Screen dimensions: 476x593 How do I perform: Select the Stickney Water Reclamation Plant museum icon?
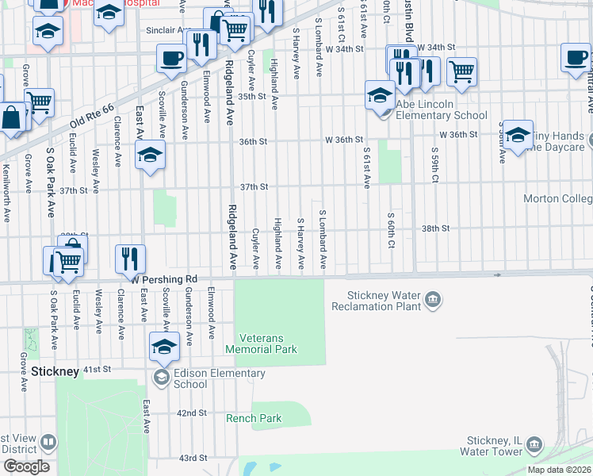pos(433,299)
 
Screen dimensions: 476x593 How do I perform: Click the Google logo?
pos(25,466)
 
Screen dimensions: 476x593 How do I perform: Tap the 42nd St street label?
pos(192,413)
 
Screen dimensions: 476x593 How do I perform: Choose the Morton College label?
pos(558,198)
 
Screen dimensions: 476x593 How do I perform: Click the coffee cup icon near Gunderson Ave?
pos(170,59)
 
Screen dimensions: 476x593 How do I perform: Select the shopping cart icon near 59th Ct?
pos(461,72)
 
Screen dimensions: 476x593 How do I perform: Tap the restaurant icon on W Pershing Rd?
pos(130,257)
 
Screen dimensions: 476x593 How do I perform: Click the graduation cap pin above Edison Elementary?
pos(164,347)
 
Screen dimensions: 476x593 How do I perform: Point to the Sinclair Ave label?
pos(165,30)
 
